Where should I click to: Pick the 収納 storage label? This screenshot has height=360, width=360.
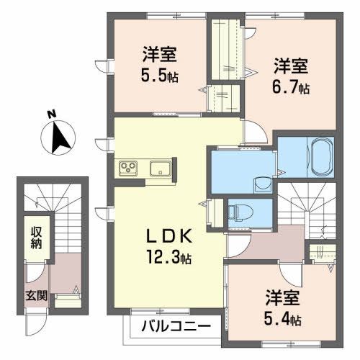point(35,238)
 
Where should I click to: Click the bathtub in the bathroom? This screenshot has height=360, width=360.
point(320,156)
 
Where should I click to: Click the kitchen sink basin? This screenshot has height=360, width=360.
point(159,169)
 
